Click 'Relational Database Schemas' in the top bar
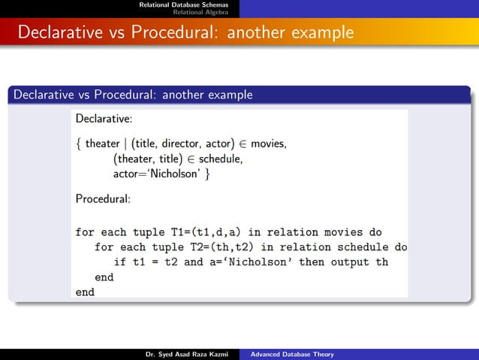click(188, 5)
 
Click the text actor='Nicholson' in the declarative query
click(157, 174)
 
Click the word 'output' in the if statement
click(346, 262)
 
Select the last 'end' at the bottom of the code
click(85, 292)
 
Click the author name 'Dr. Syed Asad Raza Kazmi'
click(186, 354)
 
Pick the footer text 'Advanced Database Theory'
click(292, 354)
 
